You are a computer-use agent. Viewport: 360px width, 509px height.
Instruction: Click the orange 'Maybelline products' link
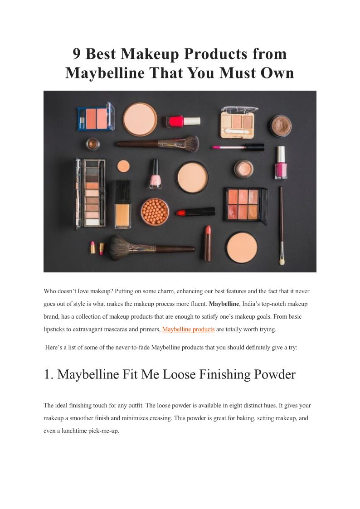click(x=188, y=329)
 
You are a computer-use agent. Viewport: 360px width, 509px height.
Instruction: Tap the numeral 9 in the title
click(x=76, y=54)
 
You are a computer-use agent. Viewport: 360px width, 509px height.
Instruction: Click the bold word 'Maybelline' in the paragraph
click(x=224, y=304)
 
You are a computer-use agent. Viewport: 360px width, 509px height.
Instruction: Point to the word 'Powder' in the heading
click(x=275, y=374)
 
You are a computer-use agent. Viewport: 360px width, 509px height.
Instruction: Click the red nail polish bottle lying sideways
click(x=183, y=121)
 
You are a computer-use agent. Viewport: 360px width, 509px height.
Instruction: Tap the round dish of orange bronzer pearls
click(x=155, y=212)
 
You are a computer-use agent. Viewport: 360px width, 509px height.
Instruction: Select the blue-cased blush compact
click(x=96, y=116)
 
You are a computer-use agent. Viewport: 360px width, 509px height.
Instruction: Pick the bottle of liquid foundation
click(x=123, y=204)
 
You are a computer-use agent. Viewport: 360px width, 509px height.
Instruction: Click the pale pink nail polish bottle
click(x=156, y=174)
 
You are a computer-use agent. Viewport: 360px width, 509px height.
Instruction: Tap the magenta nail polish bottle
click(x=281, y=163)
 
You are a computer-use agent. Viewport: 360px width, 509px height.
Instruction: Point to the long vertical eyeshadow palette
click(x=90, y=194)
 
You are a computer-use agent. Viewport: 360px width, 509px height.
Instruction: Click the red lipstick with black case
click(x=195, y=212)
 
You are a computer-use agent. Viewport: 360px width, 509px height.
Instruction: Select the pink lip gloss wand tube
click(x=238, y=147)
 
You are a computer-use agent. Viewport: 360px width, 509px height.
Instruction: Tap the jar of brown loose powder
click(x=281, y=126)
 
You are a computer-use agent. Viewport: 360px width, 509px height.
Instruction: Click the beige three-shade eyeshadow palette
click(x=238, y=122)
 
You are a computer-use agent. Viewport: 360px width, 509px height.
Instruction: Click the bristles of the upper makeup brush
click(x=189, y=143)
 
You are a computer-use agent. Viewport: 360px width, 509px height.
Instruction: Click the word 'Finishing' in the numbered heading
click(x=224, y=374)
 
